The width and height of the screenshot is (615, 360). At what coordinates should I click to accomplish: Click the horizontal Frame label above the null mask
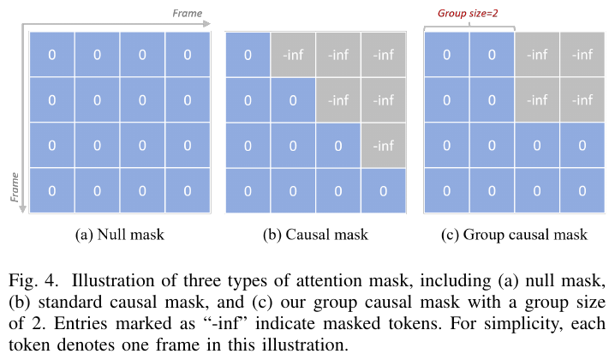(188, 14)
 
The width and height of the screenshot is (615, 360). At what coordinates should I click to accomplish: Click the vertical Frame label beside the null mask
(15, 187)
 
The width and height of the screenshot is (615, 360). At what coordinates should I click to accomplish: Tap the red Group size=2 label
(468, 14)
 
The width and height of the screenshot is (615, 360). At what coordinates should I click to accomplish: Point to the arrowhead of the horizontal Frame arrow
(206, 24)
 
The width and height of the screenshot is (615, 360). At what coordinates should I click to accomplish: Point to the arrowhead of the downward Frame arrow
(23, 209)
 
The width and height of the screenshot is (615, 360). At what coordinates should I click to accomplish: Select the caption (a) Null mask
(120, 235)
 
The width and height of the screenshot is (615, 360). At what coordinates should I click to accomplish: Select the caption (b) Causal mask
(316, 235)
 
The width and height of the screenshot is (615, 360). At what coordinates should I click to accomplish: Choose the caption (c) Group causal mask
(514, 235)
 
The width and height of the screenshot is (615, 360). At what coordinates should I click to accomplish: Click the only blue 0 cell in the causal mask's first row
(248, 55)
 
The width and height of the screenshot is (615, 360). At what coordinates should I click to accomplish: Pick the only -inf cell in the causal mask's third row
(383, 146)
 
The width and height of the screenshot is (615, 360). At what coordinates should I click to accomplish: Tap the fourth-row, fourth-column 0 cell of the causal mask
(383, 191)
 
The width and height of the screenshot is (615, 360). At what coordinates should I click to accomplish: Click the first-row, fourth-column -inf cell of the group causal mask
(582, 55)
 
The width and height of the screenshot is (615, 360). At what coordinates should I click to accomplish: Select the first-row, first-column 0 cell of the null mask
(52, 55)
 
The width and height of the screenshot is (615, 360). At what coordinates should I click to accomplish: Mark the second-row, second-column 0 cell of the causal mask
(293, 100)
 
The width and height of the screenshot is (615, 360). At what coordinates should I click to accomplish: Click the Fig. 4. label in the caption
(33, 280)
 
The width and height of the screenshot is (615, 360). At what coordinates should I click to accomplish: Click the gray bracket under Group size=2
(469, 27)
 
